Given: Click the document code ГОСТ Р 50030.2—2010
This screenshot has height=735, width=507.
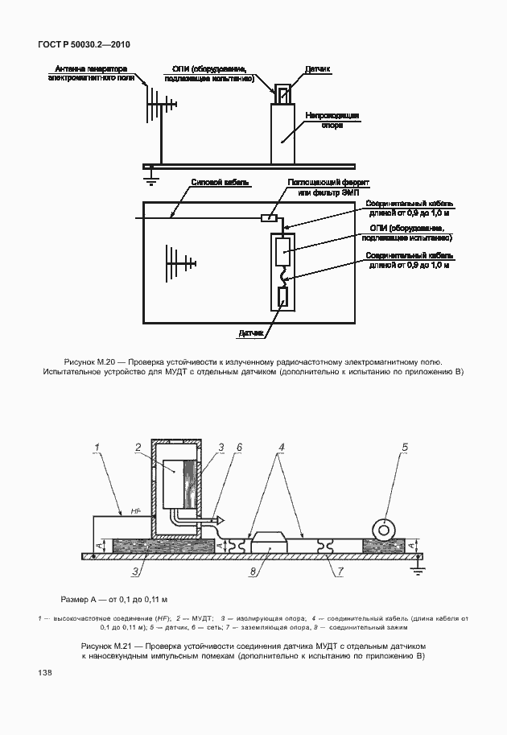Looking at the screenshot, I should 84,44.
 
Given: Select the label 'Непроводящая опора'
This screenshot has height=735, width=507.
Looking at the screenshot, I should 332,120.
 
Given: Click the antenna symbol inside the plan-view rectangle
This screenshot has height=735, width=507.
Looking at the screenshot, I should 179,262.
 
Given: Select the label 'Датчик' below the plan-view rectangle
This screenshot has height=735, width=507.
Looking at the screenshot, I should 251,331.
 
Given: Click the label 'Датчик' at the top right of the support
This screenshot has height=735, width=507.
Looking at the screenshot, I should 318,70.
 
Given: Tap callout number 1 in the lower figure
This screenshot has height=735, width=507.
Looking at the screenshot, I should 96,447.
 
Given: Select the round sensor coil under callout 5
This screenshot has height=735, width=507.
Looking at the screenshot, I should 385,529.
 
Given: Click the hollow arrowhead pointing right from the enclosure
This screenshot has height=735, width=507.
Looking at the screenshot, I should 218,521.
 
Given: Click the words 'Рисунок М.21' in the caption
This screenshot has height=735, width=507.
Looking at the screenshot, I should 106,646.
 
